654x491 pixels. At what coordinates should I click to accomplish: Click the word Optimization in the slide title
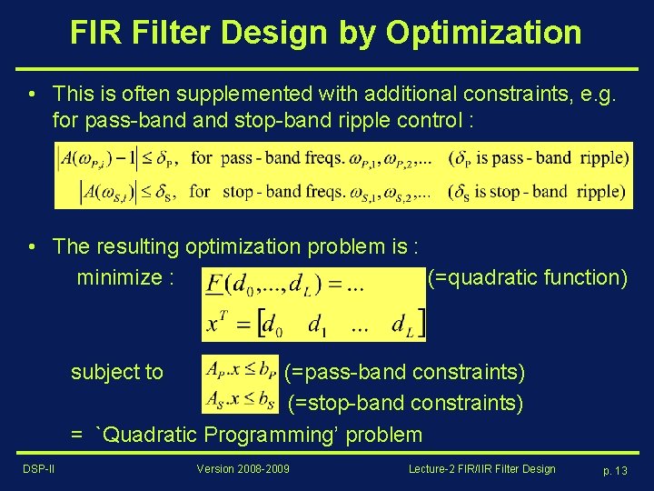pyautogui.click(x=483, y=33)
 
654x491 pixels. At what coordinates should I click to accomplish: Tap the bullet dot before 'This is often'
pyautogui.click(x=32, y=94)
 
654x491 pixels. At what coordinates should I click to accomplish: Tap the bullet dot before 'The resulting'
pyautogui.click(x=32, y=246)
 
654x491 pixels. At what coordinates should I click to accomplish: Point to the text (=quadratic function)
pyautogui.click(x=527, y=277)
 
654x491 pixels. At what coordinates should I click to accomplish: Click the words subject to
pyautogui.click(x=117, y=372)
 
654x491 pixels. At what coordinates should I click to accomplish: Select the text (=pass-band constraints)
pyautogui.click(x=405, y=372)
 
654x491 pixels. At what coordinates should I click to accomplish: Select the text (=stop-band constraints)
pyautogui.click(x=405, y=403)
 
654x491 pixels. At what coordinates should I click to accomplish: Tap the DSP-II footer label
pyautogui.click(x=39, y=469)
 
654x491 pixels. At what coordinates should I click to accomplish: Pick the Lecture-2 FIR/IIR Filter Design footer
pyautogui.click(x=481, y=469)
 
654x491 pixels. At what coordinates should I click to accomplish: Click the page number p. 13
pyautogui.click(x=615, y=470)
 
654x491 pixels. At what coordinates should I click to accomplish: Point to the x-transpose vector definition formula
pyautogui.click(x=313, y=323)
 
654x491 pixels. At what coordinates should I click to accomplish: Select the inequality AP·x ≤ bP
pyautogui.click(x=240, y=369)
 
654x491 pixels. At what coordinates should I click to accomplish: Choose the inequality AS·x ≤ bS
pyautogui.click(x=240, y=398)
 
